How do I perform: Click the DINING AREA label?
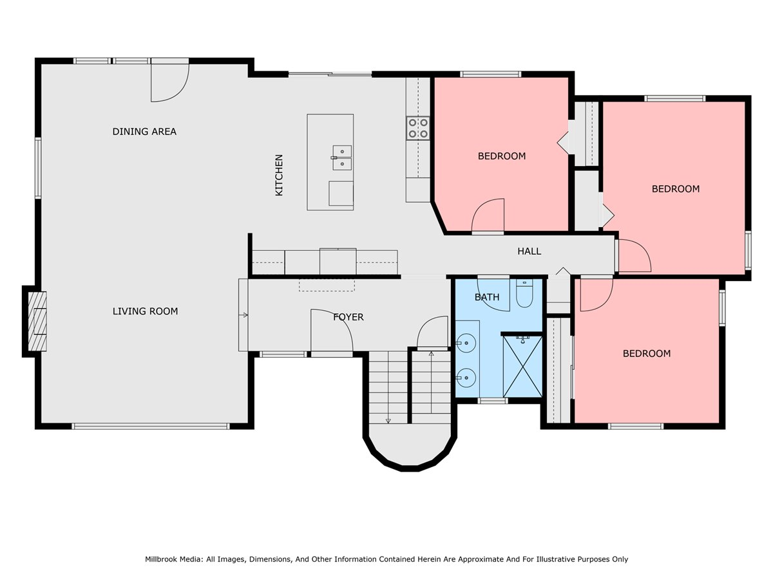pyautogui.click(x=144, y=131)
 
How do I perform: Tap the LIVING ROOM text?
pyautogui.click(x=145, y=311)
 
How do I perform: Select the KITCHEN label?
pyautogui.click(x=278, y=175)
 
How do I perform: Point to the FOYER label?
pyautogui.click(x=348, y=317)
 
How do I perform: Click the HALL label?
pyautogui.click(x=529, y=251)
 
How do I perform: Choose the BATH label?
pyautogui.click(x=487, y=297)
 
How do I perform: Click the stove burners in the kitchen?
pyautogui.click(x=418, y=128)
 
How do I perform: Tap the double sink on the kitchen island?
pyautogui.click(x=342, y=158)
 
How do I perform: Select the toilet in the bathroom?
pyautogui.click(x=524, y=293)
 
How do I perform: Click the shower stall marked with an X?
pyautogui.click(x=522, y=366)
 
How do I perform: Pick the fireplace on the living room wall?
pyautogui.click(x=37, y=321)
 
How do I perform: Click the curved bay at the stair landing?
pyautogui.click(x=410, y=452)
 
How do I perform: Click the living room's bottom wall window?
pyautogui.click(x=151, y=426)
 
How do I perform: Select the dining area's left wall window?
pyautogui.click(x=37, y=168)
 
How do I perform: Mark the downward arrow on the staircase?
pyautogui.click(x=388, y=387)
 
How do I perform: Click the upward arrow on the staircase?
pyautogui.click(x=431, y=387)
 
